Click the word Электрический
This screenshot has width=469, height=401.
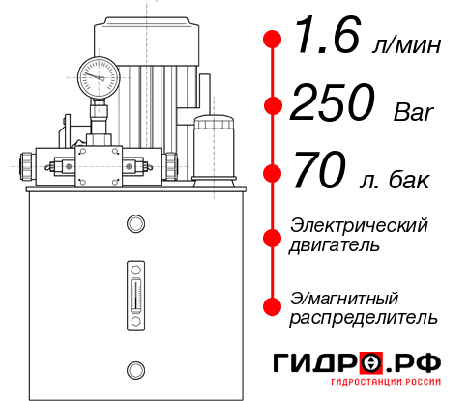coord(359,225)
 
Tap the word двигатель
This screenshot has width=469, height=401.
coord(335,245)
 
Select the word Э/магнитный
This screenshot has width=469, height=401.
coord(345,297)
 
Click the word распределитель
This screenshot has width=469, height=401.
coord(364,317)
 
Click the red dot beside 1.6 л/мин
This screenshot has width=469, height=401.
coord(272,41)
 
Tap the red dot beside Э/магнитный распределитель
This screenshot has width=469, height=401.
coord(272,306)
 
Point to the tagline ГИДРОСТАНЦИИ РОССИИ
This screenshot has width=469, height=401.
coord(360,389)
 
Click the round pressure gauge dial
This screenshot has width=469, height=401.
coord(98,75)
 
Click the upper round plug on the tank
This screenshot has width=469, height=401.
coord(135,224)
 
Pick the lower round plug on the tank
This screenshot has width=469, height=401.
coord(135,368)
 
